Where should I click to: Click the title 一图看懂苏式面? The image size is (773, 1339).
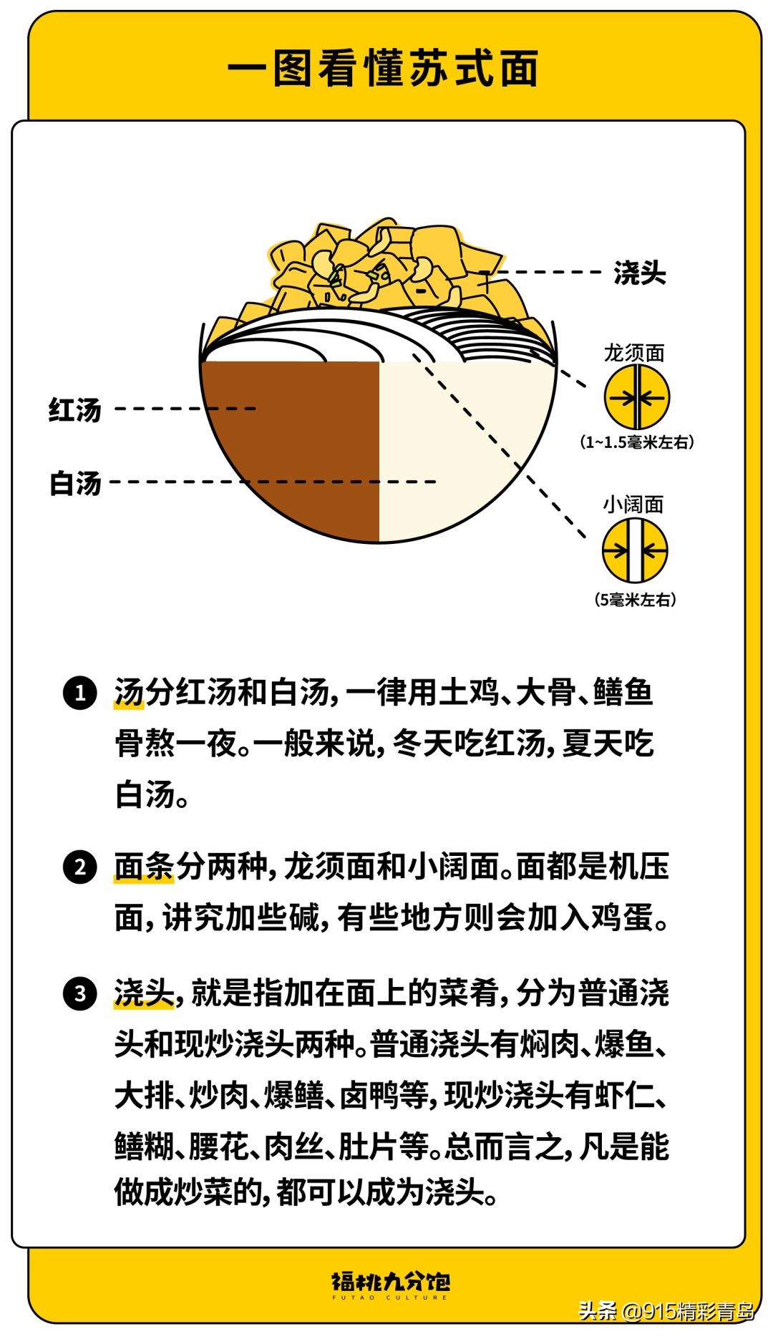[x=384, y=69]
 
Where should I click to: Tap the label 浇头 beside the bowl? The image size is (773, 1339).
[x=639, y=273]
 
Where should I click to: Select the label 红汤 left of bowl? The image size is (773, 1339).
[x=75, y=410]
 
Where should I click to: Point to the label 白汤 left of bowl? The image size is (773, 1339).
[x=75, y=483]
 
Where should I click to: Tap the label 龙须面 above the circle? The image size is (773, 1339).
[x=634, y=353]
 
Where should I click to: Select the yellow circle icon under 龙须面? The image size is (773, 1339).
[x=636, y=398]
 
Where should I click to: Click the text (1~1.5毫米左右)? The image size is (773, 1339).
[x=636, y=442]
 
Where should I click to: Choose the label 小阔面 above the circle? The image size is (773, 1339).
[x=633, y=505]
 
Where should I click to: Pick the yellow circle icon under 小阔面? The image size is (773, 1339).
[x=635, y=550]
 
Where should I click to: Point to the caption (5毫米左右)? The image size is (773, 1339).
[x=635, y=600]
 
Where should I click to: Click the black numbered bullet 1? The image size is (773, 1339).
[x=80, y=693]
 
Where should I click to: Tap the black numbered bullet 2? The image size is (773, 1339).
[x=80, y=867]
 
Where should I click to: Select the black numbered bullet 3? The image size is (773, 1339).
[x=80, y=994]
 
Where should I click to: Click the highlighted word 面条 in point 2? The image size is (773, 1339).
[x=144, y=867]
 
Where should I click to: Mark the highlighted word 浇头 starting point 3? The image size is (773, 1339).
[x=144, y=993]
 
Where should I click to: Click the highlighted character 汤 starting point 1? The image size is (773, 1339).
[x=130, y=692]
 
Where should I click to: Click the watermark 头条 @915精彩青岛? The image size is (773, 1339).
[x=666, y=1311]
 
